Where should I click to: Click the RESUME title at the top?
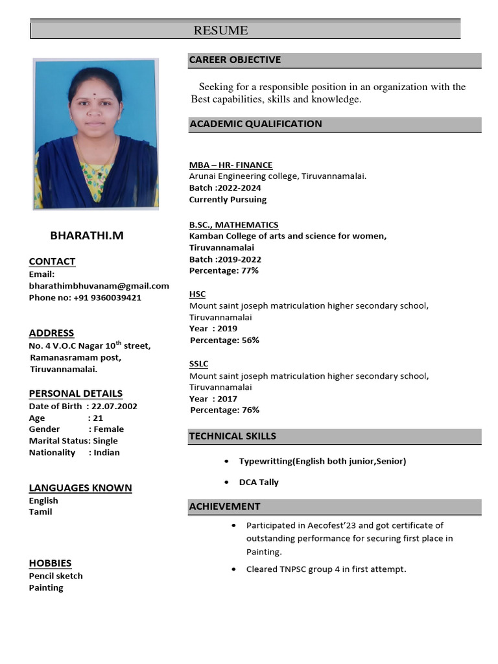220,30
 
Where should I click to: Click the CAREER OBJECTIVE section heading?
235,60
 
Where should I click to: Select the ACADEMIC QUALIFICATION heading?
255,124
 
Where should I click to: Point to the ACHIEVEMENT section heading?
224,506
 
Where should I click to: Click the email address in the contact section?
99,286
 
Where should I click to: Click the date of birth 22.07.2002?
114,407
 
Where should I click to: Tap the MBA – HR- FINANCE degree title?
231,165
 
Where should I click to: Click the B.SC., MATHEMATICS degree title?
233,225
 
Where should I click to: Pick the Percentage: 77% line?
224,270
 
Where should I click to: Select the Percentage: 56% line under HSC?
224,340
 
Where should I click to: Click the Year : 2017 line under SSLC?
213,399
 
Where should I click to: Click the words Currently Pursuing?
228,200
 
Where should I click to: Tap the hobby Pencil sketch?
56,576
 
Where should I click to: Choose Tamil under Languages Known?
40,512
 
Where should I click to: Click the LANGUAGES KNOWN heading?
80,488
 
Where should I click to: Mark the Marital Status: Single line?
73,441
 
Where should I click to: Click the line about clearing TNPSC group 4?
326,569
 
